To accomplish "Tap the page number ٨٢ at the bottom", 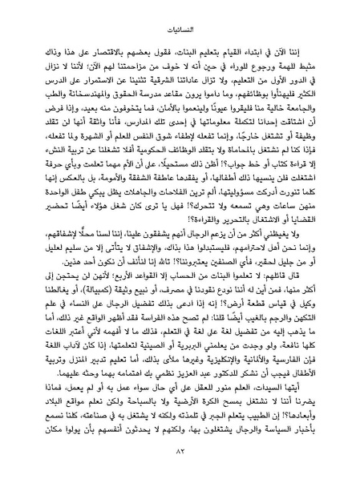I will point(180,462).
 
